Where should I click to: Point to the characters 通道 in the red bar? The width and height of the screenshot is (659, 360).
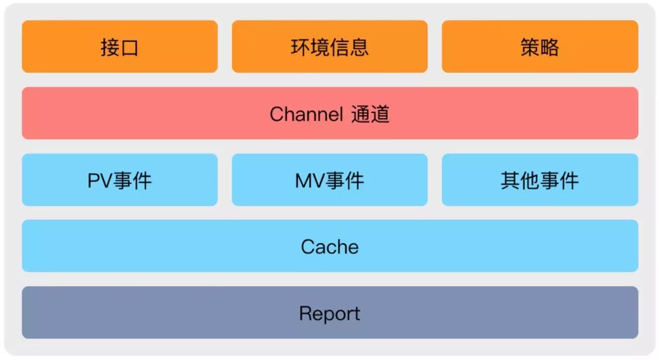tap(370, 114)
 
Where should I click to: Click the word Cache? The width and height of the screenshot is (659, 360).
tap(329, 247)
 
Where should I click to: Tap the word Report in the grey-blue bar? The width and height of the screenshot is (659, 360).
tap(329, 313)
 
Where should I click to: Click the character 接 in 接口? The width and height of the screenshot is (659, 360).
tap(110, 47)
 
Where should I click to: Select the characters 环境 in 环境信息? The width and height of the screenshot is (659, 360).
tap(310, 47)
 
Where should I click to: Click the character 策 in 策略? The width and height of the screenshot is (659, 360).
tap(530, 47)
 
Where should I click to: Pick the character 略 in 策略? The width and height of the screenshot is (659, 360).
tap(550, 47)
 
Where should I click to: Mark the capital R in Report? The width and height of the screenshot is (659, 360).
tap(305, 313)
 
